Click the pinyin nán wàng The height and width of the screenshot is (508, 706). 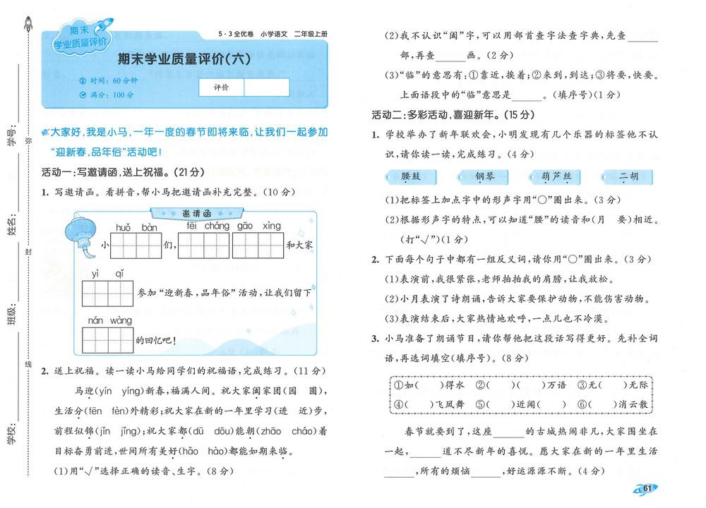click(109, 320)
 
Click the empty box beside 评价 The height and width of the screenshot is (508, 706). click(266, 87)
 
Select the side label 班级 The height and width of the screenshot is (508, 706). click(11, 309)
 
